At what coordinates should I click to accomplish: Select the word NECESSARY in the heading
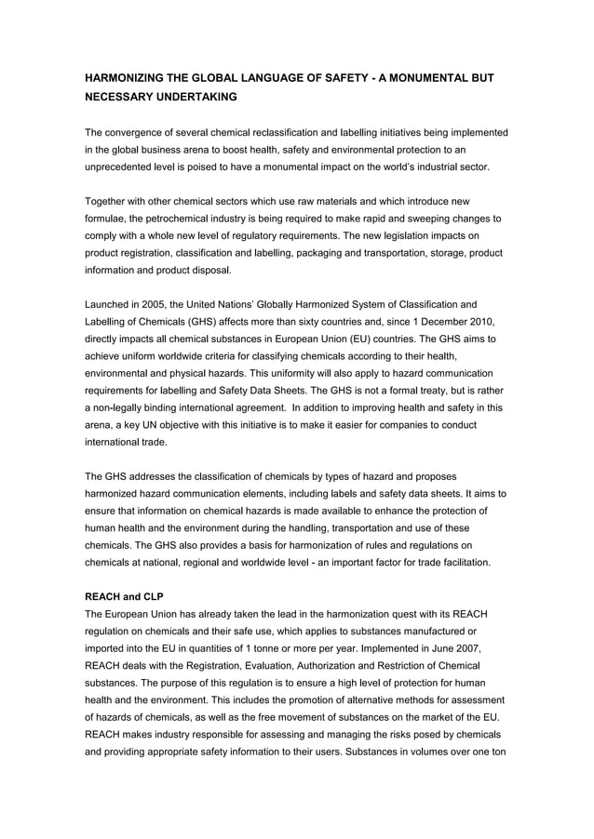point(124,97)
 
